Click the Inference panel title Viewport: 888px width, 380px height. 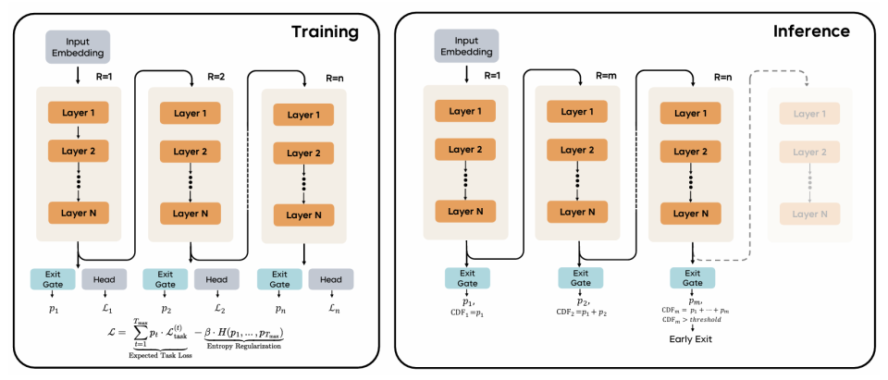[811, 31]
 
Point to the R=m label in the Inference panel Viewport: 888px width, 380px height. [604, 76]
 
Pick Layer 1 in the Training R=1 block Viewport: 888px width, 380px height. [80, 113]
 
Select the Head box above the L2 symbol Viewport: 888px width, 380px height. [216, 278]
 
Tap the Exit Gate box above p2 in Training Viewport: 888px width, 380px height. [163, 278]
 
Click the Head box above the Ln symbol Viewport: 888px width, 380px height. [329, 278]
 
